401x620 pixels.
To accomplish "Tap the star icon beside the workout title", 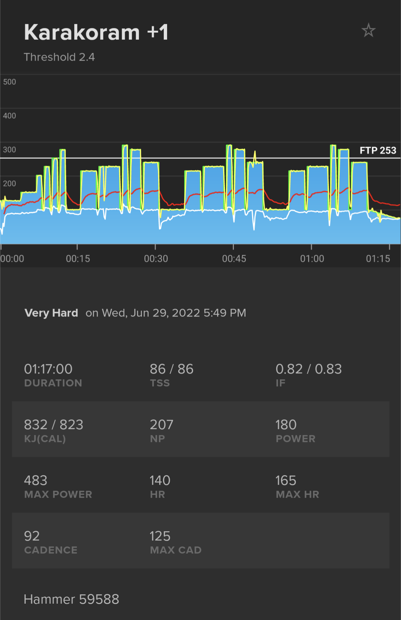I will coord(368,30).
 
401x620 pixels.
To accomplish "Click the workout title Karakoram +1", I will coord(96,32).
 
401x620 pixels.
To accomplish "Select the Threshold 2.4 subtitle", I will coord(59,57).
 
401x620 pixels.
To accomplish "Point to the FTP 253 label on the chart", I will coord(378,150).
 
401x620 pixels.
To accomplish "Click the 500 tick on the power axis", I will coord(10,82).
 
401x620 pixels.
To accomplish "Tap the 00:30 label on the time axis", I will coord(156,259).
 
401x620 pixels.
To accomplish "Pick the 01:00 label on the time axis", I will coord(312,259).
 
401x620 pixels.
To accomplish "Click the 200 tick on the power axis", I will coord(10,184).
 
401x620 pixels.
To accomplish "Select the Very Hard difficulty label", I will coord(51,313).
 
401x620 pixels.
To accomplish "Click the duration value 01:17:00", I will coord(48,369).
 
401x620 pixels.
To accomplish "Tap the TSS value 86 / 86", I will coord(172,369).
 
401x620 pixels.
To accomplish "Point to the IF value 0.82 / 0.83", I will coord(309,369).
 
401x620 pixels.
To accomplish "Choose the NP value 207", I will coord(162,425).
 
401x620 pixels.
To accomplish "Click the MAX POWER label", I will coord(58,494).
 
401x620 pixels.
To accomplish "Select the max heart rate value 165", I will coord(286,480).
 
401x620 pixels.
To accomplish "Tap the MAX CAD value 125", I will coord(160,536).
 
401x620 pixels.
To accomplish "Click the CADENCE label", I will coord(51,550).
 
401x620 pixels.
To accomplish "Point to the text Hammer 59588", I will coord(71,599).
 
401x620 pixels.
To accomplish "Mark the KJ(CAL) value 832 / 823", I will coord(53,425).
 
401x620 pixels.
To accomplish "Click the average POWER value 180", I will coord(286,425).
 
